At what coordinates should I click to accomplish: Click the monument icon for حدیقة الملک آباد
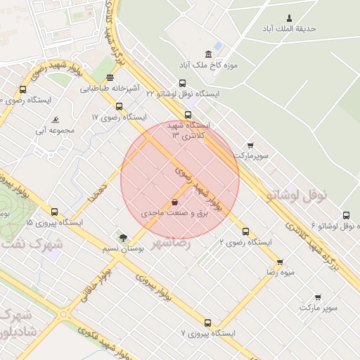(289, 18)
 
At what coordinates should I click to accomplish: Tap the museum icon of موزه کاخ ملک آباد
(208, 55)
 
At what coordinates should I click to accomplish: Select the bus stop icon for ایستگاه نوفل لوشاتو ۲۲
(183, 83)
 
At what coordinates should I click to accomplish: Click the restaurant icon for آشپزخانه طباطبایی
(110, 78)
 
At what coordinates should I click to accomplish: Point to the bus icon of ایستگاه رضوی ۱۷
(119, 106)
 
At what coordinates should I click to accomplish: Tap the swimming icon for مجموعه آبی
(56, 120)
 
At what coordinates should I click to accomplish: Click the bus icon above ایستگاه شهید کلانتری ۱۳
(188, 115)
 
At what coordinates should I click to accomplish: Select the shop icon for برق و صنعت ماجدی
(174, 201)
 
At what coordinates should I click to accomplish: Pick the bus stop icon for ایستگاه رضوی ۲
(245, 231)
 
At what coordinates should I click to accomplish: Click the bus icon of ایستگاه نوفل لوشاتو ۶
(346, 216)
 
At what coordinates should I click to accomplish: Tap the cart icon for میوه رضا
(280, 262)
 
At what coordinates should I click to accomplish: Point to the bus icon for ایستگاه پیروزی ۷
(207, 323)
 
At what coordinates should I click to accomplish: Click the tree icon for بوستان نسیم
(124, 238)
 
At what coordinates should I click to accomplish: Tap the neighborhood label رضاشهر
(172, 243)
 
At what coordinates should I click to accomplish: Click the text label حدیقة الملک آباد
(289, 29)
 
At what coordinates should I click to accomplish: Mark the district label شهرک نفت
(32, 244)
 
